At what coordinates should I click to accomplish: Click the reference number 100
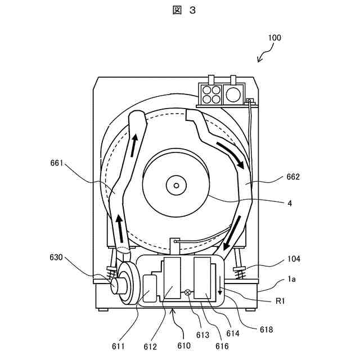point(274,38)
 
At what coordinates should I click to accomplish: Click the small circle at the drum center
point(177,185)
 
